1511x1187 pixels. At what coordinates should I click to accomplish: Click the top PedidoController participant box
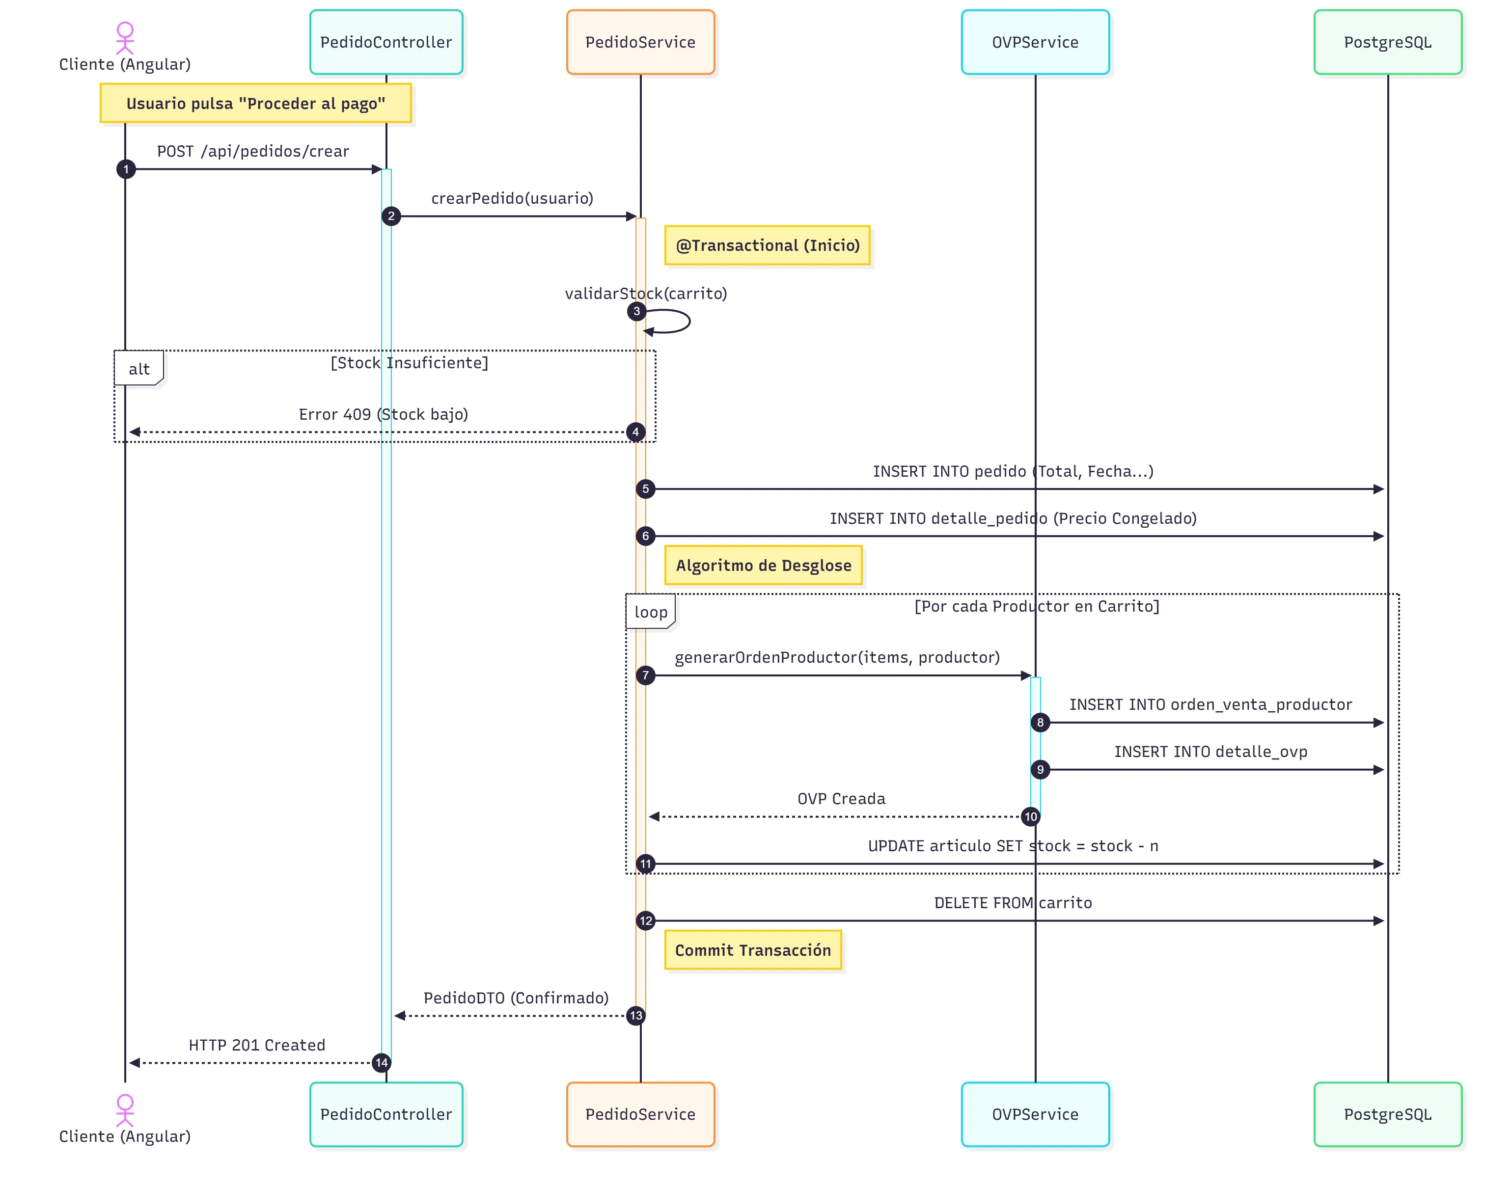coord(386,42)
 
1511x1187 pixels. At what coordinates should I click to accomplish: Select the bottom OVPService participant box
coord(1034,1113)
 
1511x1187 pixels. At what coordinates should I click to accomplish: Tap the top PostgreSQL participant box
coord(1387,42)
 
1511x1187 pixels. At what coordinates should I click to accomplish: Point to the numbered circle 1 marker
coord(126,169)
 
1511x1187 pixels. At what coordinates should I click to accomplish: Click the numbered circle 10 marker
coord(1030,816)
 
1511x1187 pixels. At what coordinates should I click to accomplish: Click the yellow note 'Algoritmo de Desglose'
coord(763,565)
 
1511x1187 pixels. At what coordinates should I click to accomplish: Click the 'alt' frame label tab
coord(138,368)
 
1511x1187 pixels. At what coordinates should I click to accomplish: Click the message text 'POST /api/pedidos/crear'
coord(252,152)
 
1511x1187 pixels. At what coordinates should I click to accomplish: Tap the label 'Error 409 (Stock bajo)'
coord(383,414)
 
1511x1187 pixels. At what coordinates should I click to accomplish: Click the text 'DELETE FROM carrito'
coord(1012,902)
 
